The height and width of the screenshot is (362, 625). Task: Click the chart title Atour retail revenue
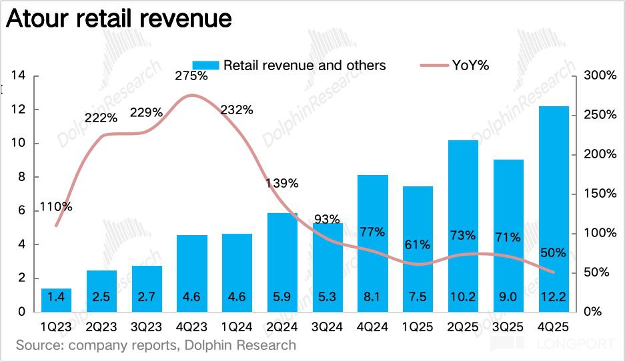click(119, 18)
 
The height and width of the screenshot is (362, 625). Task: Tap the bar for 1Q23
click(56, 300)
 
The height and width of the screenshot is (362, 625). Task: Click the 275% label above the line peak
click(191, 76)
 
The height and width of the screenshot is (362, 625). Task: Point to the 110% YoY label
click(56, 207)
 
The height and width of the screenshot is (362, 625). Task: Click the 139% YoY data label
click(282, 183)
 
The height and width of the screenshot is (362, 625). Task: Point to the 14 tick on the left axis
click(18, 75)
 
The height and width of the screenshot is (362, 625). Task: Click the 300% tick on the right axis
click(600, 75)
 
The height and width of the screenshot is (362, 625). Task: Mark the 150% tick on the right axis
click(600, 194)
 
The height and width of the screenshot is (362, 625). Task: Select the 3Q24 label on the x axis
click(328, 327)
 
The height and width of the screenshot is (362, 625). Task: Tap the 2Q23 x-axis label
click(101, 327)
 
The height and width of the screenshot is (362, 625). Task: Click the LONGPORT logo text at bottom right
click(574, 345)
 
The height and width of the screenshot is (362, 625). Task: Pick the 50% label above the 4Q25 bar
click(553, 253)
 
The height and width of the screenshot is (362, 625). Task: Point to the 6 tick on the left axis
click(21, 210)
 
